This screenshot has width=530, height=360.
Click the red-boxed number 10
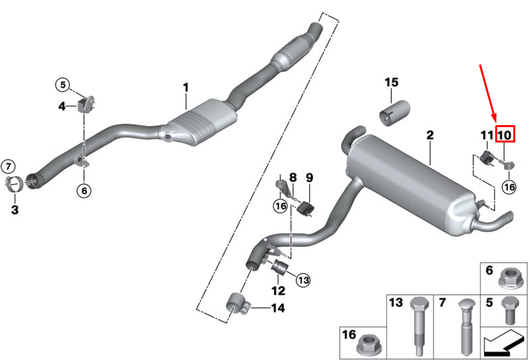(x=504, y=135)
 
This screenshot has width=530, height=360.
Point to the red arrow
(x=489, y=94)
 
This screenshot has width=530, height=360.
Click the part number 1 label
(x=186, y=88)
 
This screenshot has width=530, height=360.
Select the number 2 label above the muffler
(x=430, y=135)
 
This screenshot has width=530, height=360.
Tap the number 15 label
(x=391, y=82)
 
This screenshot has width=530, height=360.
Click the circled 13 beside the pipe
(x=303, y=280)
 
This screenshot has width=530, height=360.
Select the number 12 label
(x=278, y=290)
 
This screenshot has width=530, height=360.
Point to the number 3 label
(x=15, y=210)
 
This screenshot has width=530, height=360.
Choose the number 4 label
(x=62, y=106)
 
